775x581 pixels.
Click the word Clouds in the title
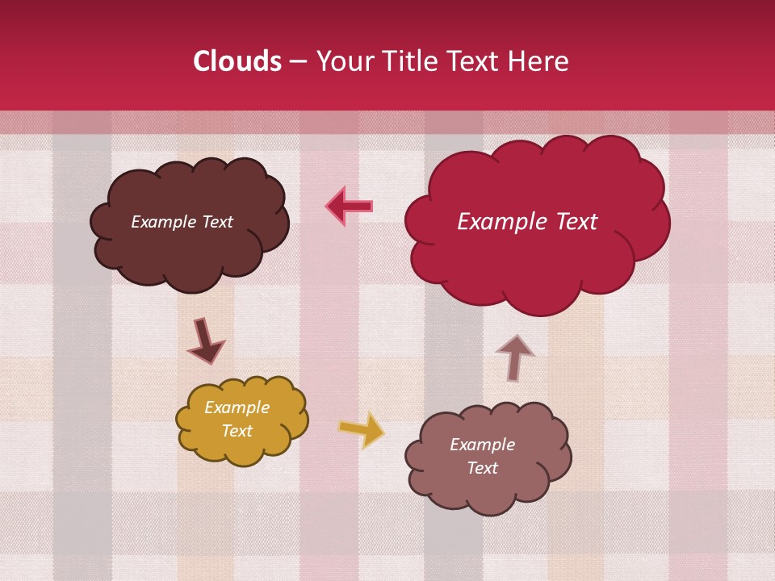pyautogui.click(x=237, y=61)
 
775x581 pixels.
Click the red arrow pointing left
pyautogui.click(x=350, y=206)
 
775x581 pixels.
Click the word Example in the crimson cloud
pyautogui.click(x=501, y=222)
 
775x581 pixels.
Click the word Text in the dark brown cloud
pyautogui.click(x=217, y=222)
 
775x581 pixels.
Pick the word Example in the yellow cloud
pyautogui.click(x=237, y=408)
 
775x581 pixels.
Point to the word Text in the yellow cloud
pyautogui.click(x=237, y=431)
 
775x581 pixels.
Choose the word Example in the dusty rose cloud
pyautogui.click(x=483, y=445)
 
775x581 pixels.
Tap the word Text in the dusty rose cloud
pyautogui.click(x=483, y=468)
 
